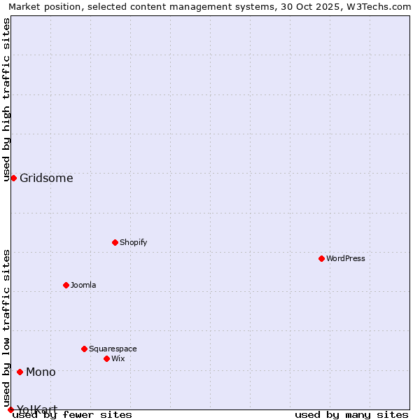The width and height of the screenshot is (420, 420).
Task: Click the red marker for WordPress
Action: pyautogui.click(x=321, y=258)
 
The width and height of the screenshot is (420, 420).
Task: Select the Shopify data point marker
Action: pyautogui.click(x=115, y=242)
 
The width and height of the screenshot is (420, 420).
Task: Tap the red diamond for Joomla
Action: pyautogui.click(x=66, y=285)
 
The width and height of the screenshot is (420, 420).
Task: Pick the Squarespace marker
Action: pyautogui.click(x=84, y=349)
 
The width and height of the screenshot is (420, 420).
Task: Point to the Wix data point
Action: pyautogui.click(x=106, y=358)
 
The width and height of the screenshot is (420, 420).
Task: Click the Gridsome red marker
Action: pyautogui.click(x=13, y=178)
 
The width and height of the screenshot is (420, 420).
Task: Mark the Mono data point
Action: pyautogui.click(x=20, y=372)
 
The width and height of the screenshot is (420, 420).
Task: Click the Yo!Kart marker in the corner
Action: pyautogui.click(x=10, y=409)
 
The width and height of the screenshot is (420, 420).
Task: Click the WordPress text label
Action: pyautogui.click(x=346, y=258)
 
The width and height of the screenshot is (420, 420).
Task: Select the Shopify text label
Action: pyautogui.click(x=133, y=242)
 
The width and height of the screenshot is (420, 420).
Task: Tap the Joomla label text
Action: pyautogui.click(x=83, y=285)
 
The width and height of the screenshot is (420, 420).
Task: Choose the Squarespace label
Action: pyautogui.click(x=113, y=349)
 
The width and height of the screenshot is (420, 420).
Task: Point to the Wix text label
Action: pyautogui.click(x=118, y=358)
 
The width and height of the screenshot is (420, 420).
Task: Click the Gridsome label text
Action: pyautogui.click(x=46, y=178)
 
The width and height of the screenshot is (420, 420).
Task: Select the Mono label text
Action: pyautogui.click(x=41, y=372)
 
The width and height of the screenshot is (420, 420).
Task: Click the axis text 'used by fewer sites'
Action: pyautogui.click(x=72, y=414)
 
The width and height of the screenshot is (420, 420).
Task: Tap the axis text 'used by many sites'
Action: pyautogui.click(x=351, y=414)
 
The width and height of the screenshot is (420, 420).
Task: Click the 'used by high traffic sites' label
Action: pyautogui.click(x=7, y=99)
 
